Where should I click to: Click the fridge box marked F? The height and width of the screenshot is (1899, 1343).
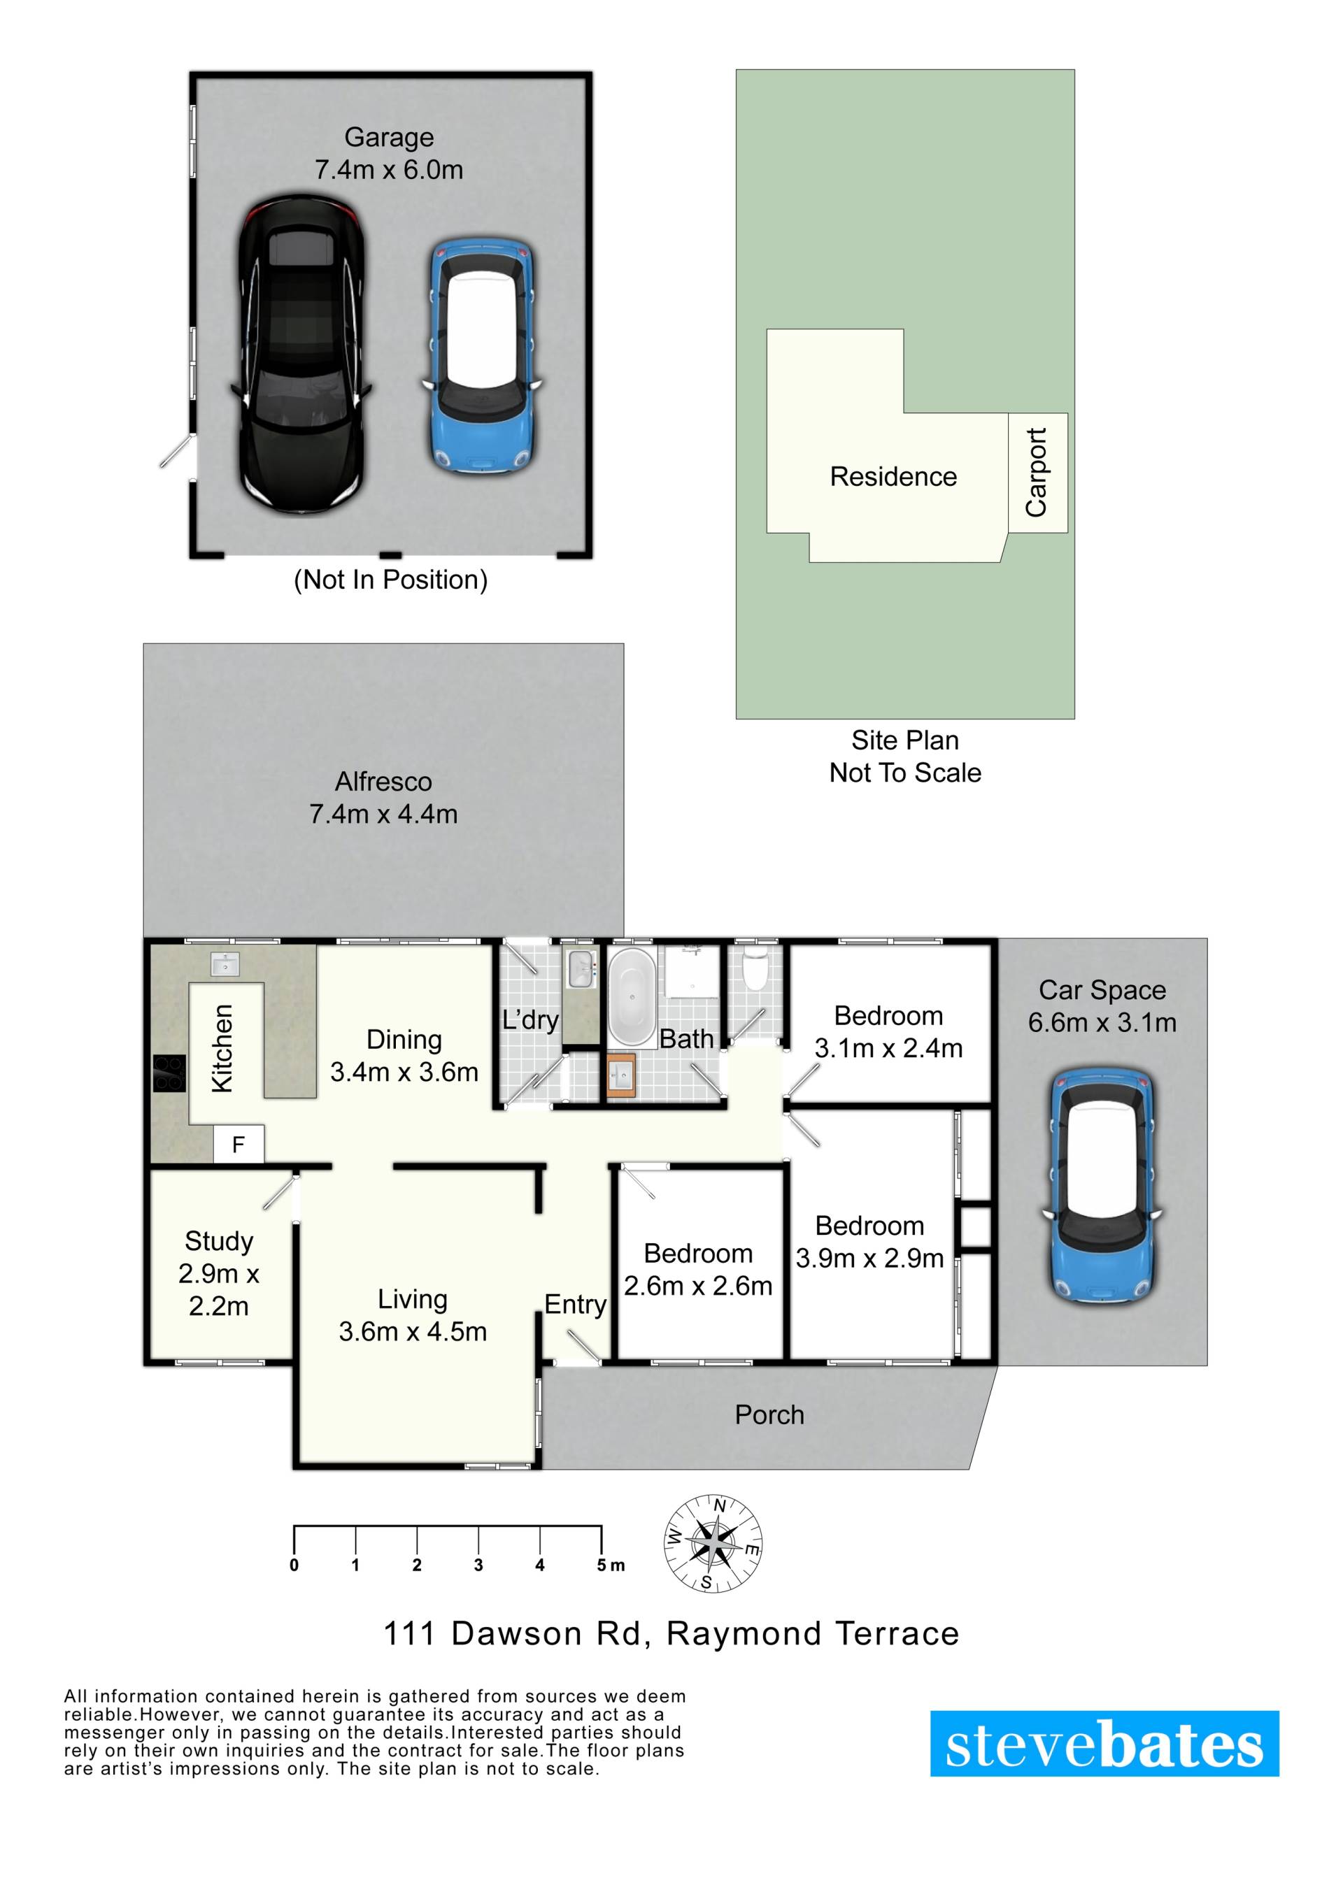coord(239,1145)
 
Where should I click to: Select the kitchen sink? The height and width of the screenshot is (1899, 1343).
coord(225,963)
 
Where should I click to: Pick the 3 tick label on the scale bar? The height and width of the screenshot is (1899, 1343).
coord(478,1565)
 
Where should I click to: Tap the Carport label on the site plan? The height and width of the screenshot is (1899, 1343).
coord(1036,472)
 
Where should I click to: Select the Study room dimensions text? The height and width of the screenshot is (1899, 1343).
coord(218,1289)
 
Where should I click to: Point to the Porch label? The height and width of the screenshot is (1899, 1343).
coord(769,1414)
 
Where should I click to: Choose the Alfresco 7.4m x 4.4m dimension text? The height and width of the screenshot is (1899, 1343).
coord(383,814)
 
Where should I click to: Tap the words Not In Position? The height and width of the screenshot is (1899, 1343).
coord(390,580)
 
